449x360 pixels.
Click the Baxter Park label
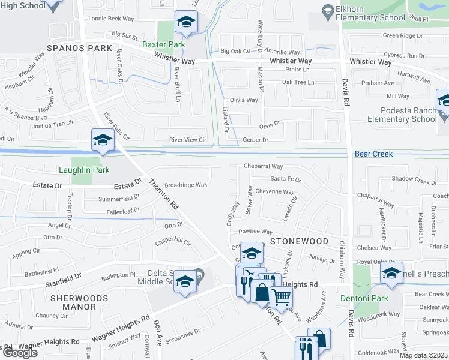pos(164,44)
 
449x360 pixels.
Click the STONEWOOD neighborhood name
pos(298,241)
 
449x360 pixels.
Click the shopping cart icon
pos(281,296)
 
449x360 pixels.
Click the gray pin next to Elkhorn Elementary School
pos(328,11)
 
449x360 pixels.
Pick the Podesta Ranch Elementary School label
pos(408,115)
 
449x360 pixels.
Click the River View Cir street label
pos(187,140)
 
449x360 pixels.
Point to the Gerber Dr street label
pos(255,139)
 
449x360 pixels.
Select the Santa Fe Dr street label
pos(285,179)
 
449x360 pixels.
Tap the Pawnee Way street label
pos(255,232)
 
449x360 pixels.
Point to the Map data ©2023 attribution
pos(423,355)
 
